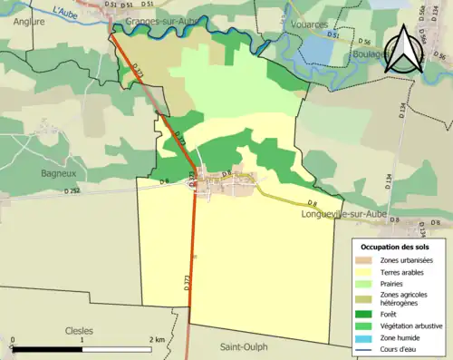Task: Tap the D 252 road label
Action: coord(72,191)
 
